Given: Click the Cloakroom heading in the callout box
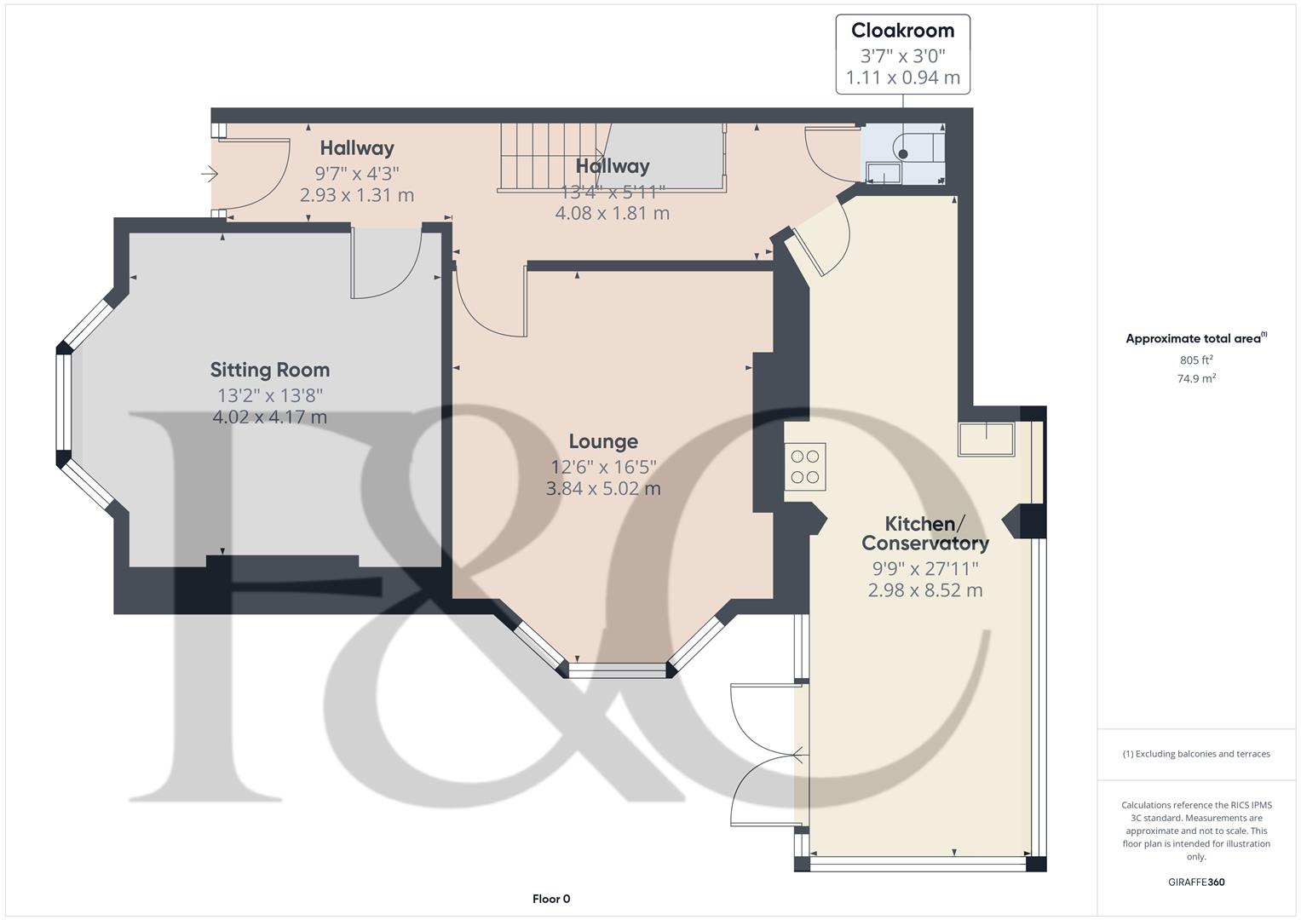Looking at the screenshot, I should pyautogui.click(x=902, y=31).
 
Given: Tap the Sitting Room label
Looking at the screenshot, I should pyautogui.click(x=270, y=370).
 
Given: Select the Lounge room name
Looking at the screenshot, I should pyautogui.click(x=603, y=441).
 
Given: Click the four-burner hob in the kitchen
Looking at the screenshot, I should pyautogui.click(x=805, y=467).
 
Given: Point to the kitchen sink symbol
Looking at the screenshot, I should pyautogui.click(x=987, y=440).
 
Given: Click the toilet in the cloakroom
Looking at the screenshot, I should pyautogui.click(x=912, y=149).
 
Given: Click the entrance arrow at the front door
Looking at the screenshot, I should pyautogui.click(x=210, y=175).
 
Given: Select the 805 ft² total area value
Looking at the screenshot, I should pyautogui.click(x=1196, y=360).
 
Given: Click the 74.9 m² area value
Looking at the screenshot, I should pyautogui.click(x=1196, y=379).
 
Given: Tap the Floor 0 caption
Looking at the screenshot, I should pyautogui.click(x=550, y=899).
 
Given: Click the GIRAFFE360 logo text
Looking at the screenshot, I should pyautogui.click(x=1196, y=883).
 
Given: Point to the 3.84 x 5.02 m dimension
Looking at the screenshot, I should pyautogui.click(x=603, y=489).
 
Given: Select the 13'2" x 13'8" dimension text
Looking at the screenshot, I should pyautogui.click(x=270, y=395).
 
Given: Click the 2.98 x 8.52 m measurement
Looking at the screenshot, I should pyautogui.click(x=924, y=590).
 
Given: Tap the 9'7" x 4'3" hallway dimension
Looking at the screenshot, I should pyautogui.click(x=357, y=173).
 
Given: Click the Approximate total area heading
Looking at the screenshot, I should pyautogui.click(x=1193, y=339).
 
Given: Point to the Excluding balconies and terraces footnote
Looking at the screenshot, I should pyautogui.click(x=1196, y=754).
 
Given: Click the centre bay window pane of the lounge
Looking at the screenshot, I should pyautogui.click(x=618, y=670).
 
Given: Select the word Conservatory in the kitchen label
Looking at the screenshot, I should pyautogui.click(x=924, y=543).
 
